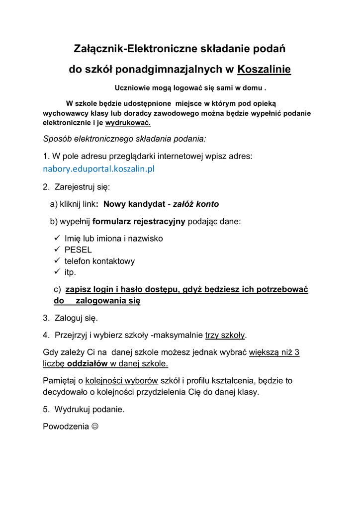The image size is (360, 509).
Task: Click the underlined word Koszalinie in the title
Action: pos(264,70)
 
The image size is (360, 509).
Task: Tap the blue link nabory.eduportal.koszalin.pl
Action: pos(99,169)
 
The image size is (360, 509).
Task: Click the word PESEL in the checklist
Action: pos(78,250)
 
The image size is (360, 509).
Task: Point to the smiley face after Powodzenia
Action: pos(95,426)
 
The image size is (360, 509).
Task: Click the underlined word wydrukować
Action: pos(128,123)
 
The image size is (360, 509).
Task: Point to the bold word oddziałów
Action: pos(88,364)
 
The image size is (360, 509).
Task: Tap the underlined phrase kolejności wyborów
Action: pos(122,381)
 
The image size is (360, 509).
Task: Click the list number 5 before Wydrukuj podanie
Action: pos(46,410)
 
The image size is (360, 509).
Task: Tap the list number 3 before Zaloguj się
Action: pos(46,318)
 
